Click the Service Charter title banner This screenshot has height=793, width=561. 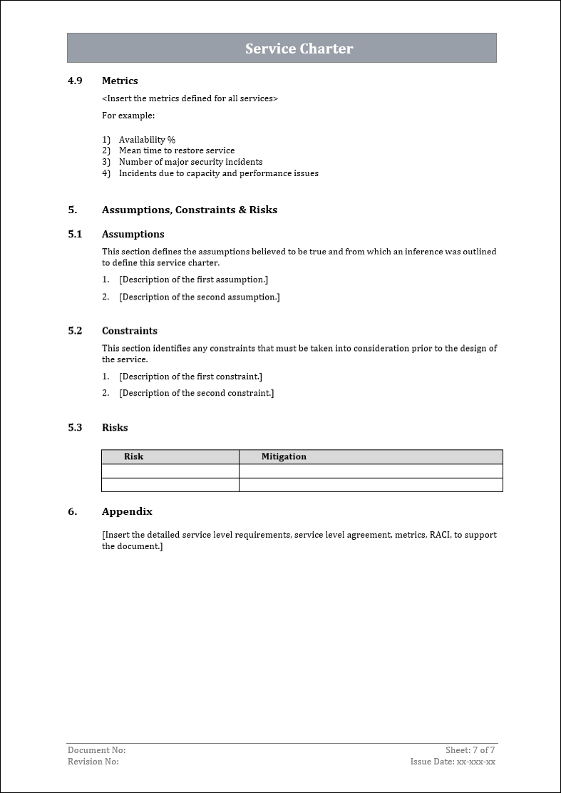pos(299,48)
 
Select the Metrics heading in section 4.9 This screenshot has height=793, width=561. pos(120,81)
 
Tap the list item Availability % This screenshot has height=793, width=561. pos(147,140)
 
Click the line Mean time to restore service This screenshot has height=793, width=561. pos(176,150)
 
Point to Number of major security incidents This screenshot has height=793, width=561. pos(190,162)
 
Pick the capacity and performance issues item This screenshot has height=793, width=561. pos(218,173)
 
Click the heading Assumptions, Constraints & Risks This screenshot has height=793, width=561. pos(189,210)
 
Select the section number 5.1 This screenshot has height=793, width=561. pos(75,234)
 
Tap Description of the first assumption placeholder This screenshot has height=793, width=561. pos(193,280)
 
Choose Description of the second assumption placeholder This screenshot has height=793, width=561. pos(199,297)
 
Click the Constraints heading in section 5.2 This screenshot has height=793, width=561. pos(129,331)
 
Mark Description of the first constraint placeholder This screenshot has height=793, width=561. pos(190,376)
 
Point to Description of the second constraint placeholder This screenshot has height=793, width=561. pos(196,393)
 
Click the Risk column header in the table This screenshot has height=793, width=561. pos(133,456)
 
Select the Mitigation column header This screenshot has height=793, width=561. pos(284,456)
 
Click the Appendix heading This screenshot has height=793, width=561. pos(127,511)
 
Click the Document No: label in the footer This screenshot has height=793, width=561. pos(96,750)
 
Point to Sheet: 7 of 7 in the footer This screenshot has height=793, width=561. pos(470,750)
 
